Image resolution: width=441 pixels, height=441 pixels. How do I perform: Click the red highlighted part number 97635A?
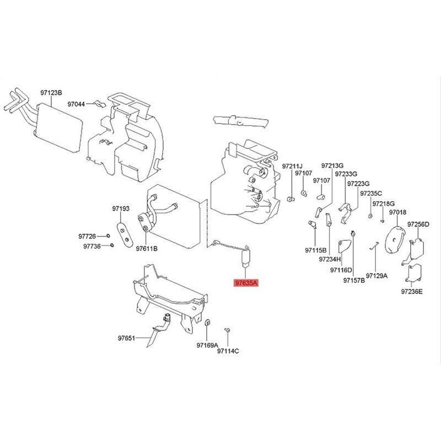[x=245, y=283]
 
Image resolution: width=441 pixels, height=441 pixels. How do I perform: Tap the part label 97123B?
[x=51, y=93]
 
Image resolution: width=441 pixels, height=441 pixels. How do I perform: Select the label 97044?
[x=76, y=104]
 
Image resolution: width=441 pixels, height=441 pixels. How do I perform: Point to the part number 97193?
[x=121, y=209]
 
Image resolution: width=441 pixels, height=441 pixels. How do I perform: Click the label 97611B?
[x=147, y=249]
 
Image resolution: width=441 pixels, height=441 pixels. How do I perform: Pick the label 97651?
[x=126, y=338]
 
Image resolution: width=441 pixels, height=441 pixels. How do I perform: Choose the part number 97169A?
[x=207, y=345]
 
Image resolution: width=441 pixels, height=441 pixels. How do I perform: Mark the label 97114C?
[x=228, y=351]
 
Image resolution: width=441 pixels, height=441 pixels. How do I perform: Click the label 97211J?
[x=292, y=166]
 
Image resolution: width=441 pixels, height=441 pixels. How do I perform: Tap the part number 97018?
[x=397, y=212]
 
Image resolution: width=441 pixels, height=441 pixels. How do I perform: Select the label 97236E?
[x=412, y=292]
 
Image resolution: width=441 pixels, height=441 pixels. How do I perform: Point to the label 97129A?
[x=377, y=276]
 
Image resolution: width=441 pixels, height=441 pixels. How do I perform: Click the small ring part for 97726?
[x=108, y=236]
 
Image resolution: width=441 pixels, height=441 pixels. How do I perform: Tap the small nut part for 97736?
[x=112, y=245]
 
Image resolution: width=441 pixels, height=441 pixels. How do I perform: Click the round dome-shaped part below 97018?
[x=394, y=240]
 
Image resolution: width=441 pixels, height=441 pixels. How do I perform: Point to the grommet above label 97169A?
[x=207, y=323]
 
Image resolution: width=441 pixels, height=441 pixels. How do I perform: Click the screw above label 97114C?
[x=227, y=330]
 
